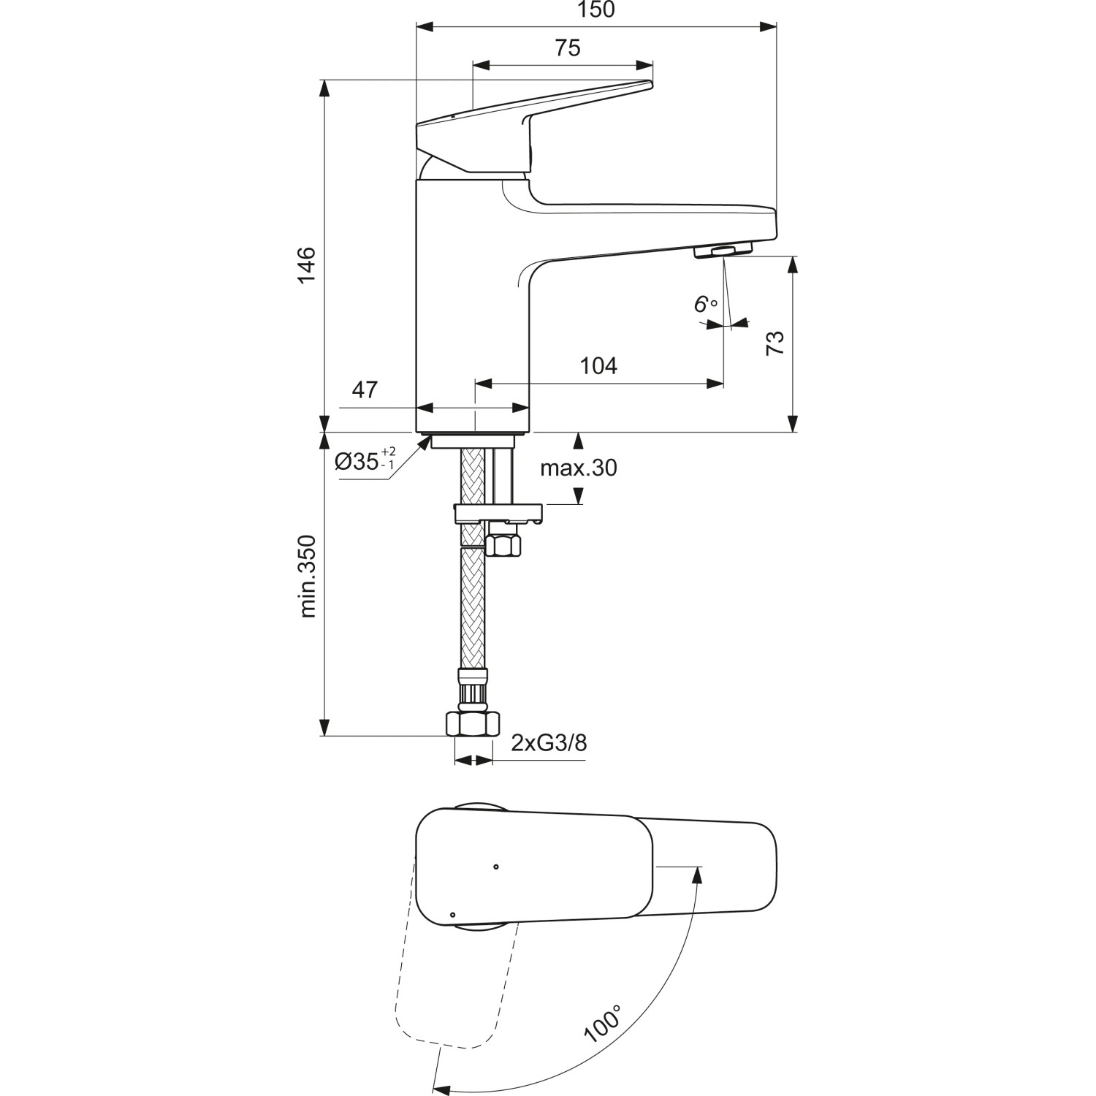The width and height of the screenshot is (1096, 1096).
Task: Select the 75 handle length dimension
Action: [x=567, y=47]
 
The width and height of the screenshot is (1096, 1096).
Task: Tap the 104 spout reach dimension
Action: [x=598, y=365]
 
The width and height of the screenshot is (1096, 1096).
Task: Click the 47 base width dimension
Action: [x=365, y=390]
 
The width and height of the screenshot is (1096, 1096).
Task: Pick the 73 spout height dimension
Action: [x=775, y=343]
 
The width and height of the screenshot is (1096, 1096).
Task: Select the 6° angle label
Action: [x=704, y=304]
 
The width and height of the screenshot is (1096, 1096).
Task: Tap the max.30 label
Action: [x=578, y=468]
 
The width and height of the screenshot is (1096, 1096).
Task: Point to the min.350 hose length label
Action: [x=308, y=576]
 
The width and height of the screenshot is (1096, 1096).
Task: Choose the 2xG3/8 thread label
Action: [x=548, y=743]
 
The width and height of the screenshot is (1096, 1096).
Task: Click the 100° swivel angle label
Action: [x=603, y=1023]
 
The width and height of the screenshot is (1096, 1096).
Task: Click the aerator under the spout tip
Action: [x=722, y=251]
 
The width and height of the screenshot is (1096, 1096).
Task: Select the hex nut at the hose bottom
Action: [x=473, y=723]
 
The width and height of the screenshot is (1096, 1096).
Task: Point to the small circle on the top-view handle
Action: [x=496, y=867]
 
